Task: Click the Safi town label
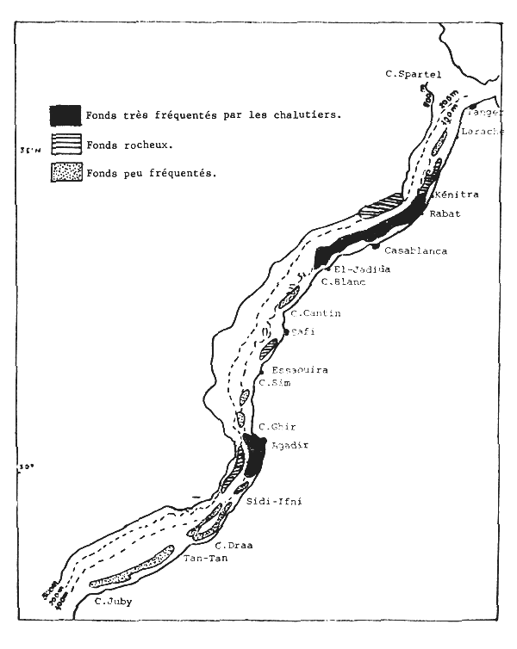(x=302, y=331)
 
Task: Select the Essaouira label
(x=299, y=370)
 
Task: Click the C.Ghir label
(x=277, y=427)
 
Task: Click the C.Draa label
(x=234, y=546)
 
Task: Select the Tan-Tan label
(x=204, y=559)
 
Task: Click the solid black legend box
(x=66, y=114)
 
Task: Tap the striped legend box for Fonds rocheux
(x=66, y=145)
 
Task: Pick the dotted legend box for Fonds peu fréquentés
(x=66, y=172)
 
